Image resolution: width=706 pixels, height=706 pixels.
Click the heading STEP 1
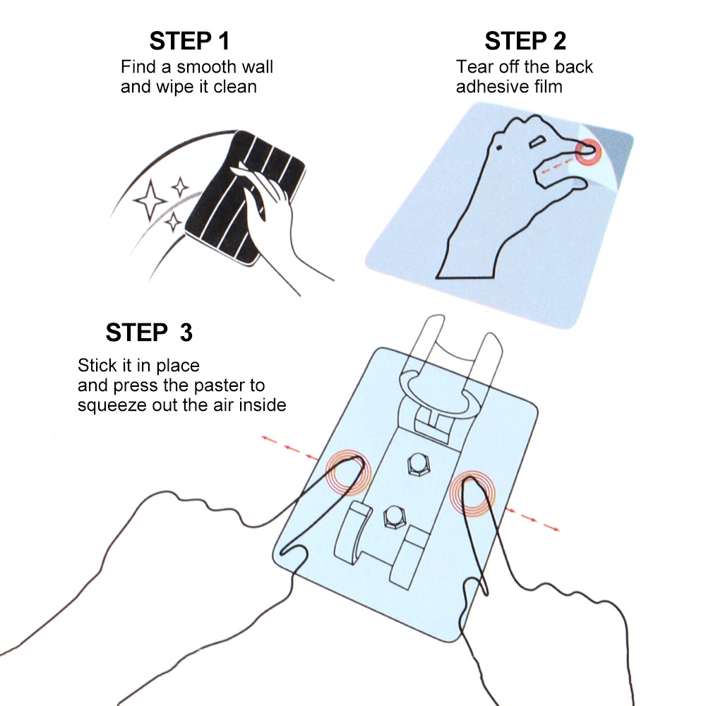(189, 41)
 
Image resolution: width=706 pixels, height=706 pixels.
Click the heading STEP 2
(525, 41)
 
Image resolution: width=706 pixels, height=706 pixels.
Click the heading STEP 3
(149, 332)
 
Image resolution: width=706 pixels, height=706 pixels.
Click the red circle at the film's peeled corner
(587, 150)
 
